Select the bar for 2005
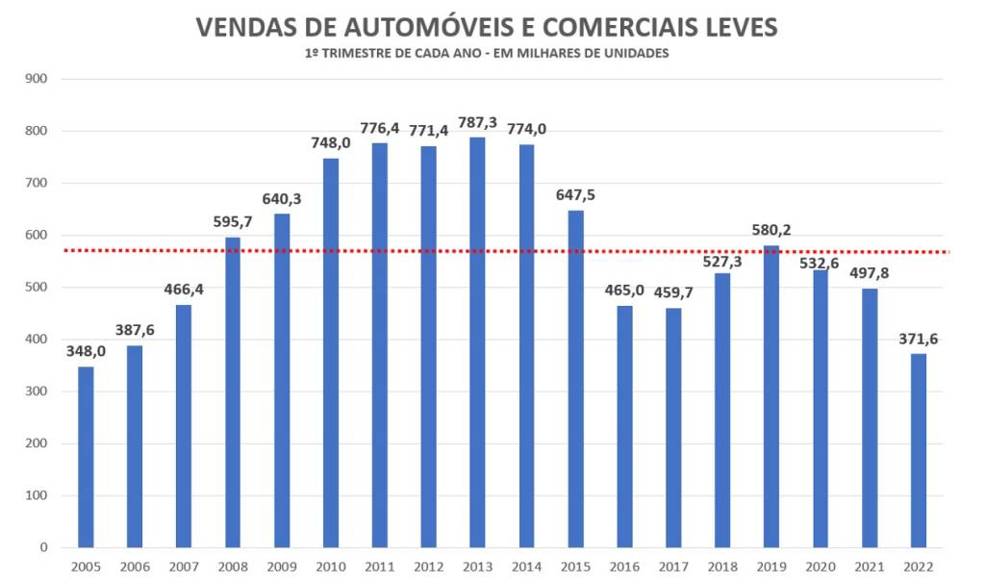86,457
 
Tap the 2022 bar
919,451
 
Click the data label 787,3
477,122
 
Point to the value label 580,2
771,230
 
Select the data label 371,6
919,339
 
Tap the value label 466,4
184,289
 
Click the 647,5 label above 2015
575,194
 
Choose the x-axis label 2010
331,568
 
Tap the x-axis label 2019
771,568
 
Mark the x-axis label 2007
184,568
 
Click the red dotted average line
673,252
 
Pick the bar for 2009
282,381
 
